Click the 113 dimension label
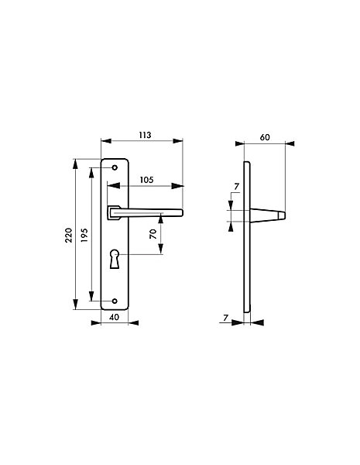point(146,135)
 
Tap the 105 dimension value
point(146,180)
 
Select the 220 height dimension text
point(69,235)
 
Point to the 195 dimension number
point(84,235)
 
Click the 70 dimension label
point(153,234)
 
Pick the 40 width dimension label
point(114,317)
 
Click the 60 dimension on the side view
point(265,137)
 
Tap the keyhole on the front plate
point(115,259)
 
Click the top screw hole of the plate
point(115,167)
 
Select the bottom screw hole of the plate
point(115,301)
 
